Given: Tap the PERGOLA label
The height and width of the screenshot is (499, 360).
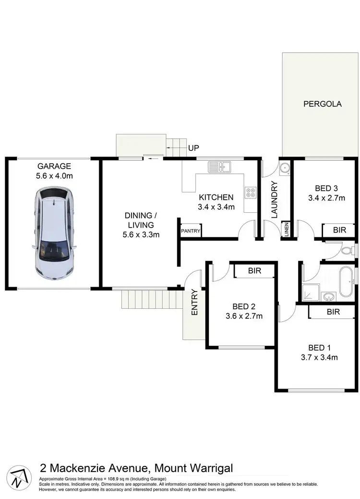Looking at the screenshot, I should tap(322, 103).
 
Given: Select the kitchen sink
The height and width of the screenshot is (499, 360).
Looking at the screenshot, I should tap(219, 168).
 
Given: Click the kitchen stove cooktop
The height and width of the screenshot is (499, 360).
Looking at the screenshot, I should tap(251, 192).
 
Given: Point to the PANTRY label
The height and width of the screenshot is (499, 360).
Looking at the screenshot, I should tap(191, 231).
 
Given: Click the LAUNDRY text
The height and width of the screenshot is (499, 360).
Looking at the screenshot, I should tap(275, 199).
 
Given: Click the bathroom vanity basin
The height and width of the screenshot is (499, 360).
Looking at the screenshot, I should tap(329, 296).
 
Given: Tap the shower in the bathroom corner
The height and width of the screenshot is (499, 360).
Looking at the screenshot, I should tap(308, 292).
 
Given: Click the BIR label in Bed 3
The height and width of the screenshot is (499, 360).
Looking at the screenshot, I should tap(339, 231).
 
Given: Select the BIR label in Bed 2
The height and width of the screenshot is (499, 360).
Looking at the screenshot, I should tap(254, 271).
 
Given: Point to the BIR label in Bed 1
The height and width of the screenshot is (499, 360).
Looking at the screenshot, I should tap(333, 312).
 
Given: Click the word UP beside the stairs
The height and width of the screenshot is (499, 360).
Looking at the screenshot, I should tap(193, 148).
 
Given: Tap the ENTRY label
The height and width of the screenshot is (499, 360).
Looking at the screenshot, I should tap(194, 303).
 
